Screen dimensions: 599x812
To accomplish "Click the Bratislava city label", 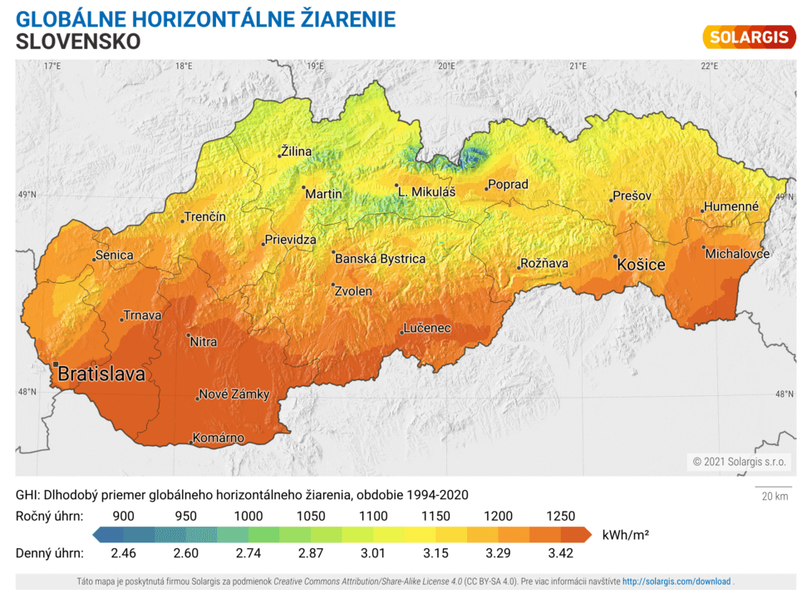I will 101,375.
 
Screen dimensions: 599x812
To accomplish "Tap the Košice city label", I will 641,265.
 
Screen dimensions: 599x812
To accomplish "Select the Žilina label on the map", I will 297,151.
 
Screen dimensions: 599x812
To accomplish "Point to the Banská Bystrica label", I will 380,259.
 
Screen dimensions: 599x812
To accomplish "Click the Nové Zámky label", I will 234,394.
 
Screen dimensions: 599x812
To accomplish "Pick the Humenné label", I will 731,206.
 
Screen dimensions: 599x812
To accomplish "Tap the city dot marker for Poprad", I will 487,190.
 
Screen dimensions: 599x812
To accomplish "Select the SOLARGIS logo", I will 749,37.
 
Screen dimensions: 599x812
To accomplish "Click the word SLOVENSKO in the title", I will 78,41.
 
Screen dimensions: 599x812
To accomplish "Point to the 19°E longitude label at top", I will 315,66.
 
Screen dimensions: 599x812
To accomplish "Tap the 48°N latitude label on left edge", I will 27,392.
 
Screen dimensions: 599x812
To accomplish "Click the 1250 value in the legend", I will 561,516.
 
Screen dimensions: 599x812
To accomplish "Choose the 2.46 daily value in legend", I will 123,552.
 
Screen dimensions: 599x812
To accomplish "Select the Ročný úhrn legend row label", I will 49,516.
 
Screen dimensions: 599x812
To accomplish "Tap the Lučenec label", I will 427,329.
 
